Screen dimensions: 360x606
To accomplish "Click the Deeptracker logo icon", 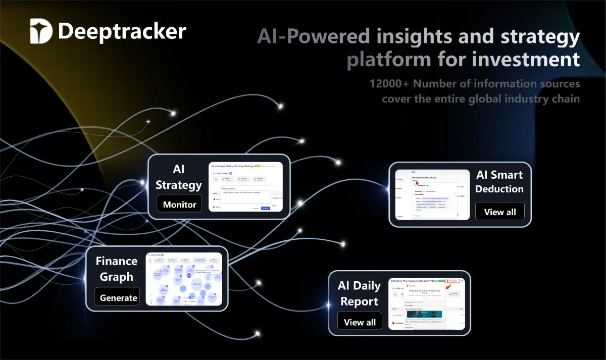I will coord(40,31).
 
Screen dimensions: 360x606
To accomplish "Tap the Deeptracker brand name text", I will coord(122,31).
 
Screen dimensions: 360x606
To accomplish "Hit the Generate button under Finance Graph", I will coord(118,297).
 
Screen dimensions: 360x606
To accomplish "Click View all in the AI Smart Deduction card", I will coord(499,212).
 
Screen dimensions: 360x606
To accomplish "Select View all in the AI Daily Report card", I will coord(360,322).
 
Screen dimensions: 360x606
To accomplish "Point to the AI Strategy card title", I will coord(179,177).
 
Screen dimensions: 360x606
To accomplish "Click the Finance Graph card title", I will coord(117,269).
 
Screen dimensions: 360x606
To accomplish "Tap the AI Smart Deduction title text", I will coord(499,182).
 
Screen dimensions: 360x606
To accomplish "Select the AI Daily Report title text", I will coord(359,293).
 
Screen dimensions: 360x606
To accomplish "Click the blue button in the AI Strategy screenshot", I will coord(265,208).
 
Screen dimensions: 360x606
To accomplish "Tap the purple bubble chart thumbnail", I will coord(184,279).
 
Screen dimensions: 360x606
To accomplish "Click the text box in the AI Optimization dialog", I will coord(246,197).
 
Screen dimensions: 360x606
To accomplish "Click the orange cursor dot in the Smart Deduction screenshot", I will coord(417,183).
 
